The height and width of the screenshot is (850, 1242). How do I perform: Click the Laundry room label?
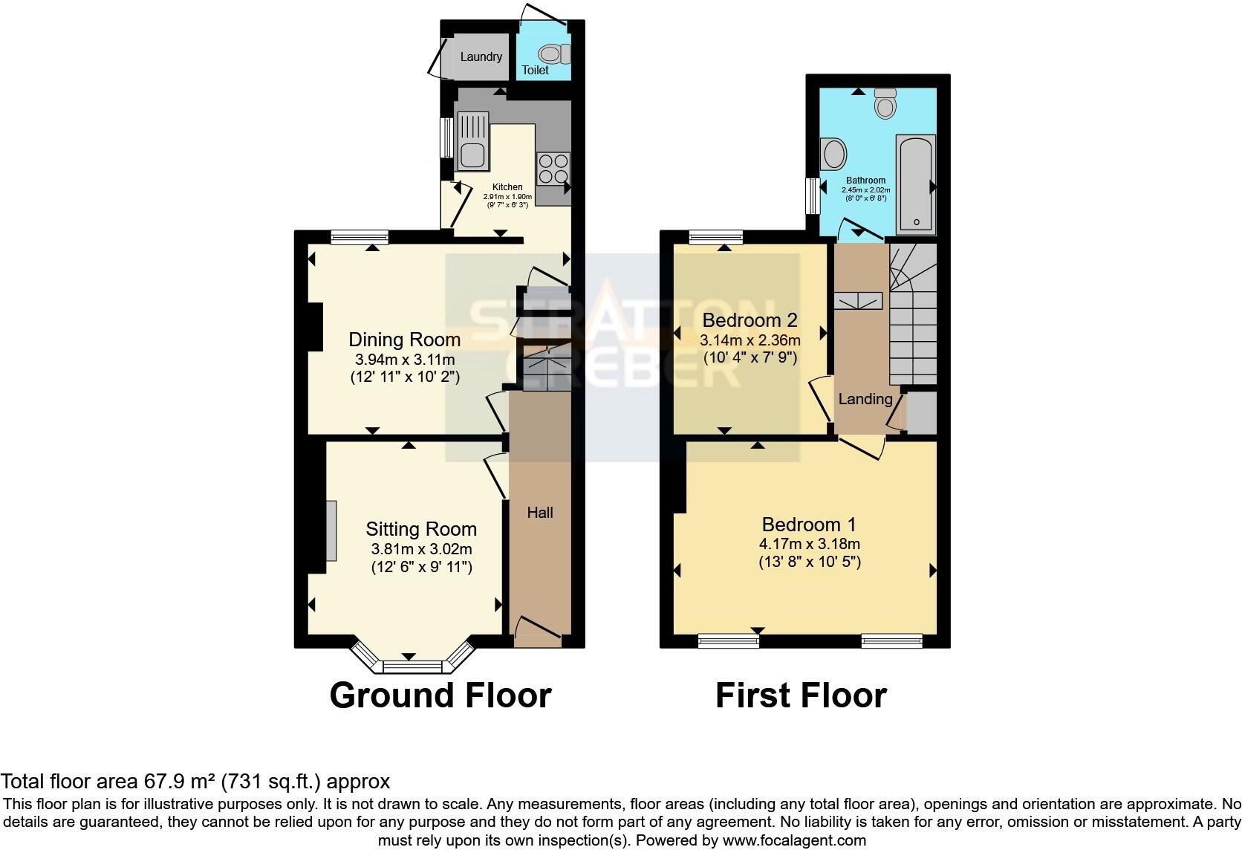(x=481, y=57)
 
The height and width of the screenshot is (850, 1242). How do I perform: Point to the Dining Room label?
(x=404, y=340)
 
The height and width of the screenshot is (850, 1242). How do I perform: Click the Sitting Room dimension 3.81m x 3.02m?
(x=421, y=550)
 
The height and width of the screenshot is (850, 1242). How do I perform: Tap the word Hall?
(x=540, y=513)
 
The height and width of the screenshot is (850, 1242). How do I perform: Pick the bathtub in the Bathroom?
(x=916, y=184)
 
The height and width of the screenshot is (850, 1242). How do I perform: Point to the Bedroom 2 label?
(x=750, y=320)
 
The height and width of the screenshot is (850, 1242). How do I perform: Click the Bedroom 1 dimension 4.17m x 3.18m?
(x=809, y=544)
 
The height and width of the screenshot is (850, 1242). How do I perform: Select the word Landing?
(x=865, y=399)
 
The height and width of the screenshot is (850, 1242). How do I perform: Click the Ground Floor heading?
(x=440, y=695)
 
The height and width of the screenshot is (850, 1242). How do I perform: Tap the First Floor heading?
(x=801, y=695)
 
